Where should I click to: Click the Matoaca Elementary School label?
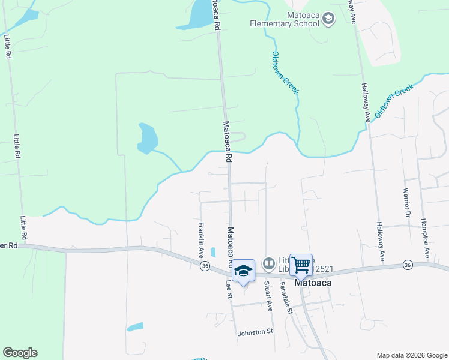[284, 20]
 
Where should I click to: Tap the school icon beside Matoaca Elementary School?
[328, 19]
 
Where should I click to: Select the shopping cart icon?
[301, 264]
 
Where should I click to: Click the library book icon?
[269, 263]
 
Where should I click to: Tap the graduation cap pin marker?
[243, 271]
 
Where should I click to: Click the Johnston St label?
[255, 331]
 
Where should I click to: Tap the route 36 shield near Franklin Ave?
[205, 266]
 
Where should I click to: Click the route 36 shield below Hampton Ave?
[408, 265]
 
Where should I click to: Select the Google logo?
[20, 353]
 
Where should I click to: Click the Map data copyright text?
[411, 355]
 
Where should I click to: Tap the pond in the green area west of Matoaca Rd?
[147, 139]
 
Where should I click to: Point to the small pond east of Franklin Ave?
[213, 252]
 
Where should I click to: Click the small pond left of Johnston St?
[136, 327]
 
